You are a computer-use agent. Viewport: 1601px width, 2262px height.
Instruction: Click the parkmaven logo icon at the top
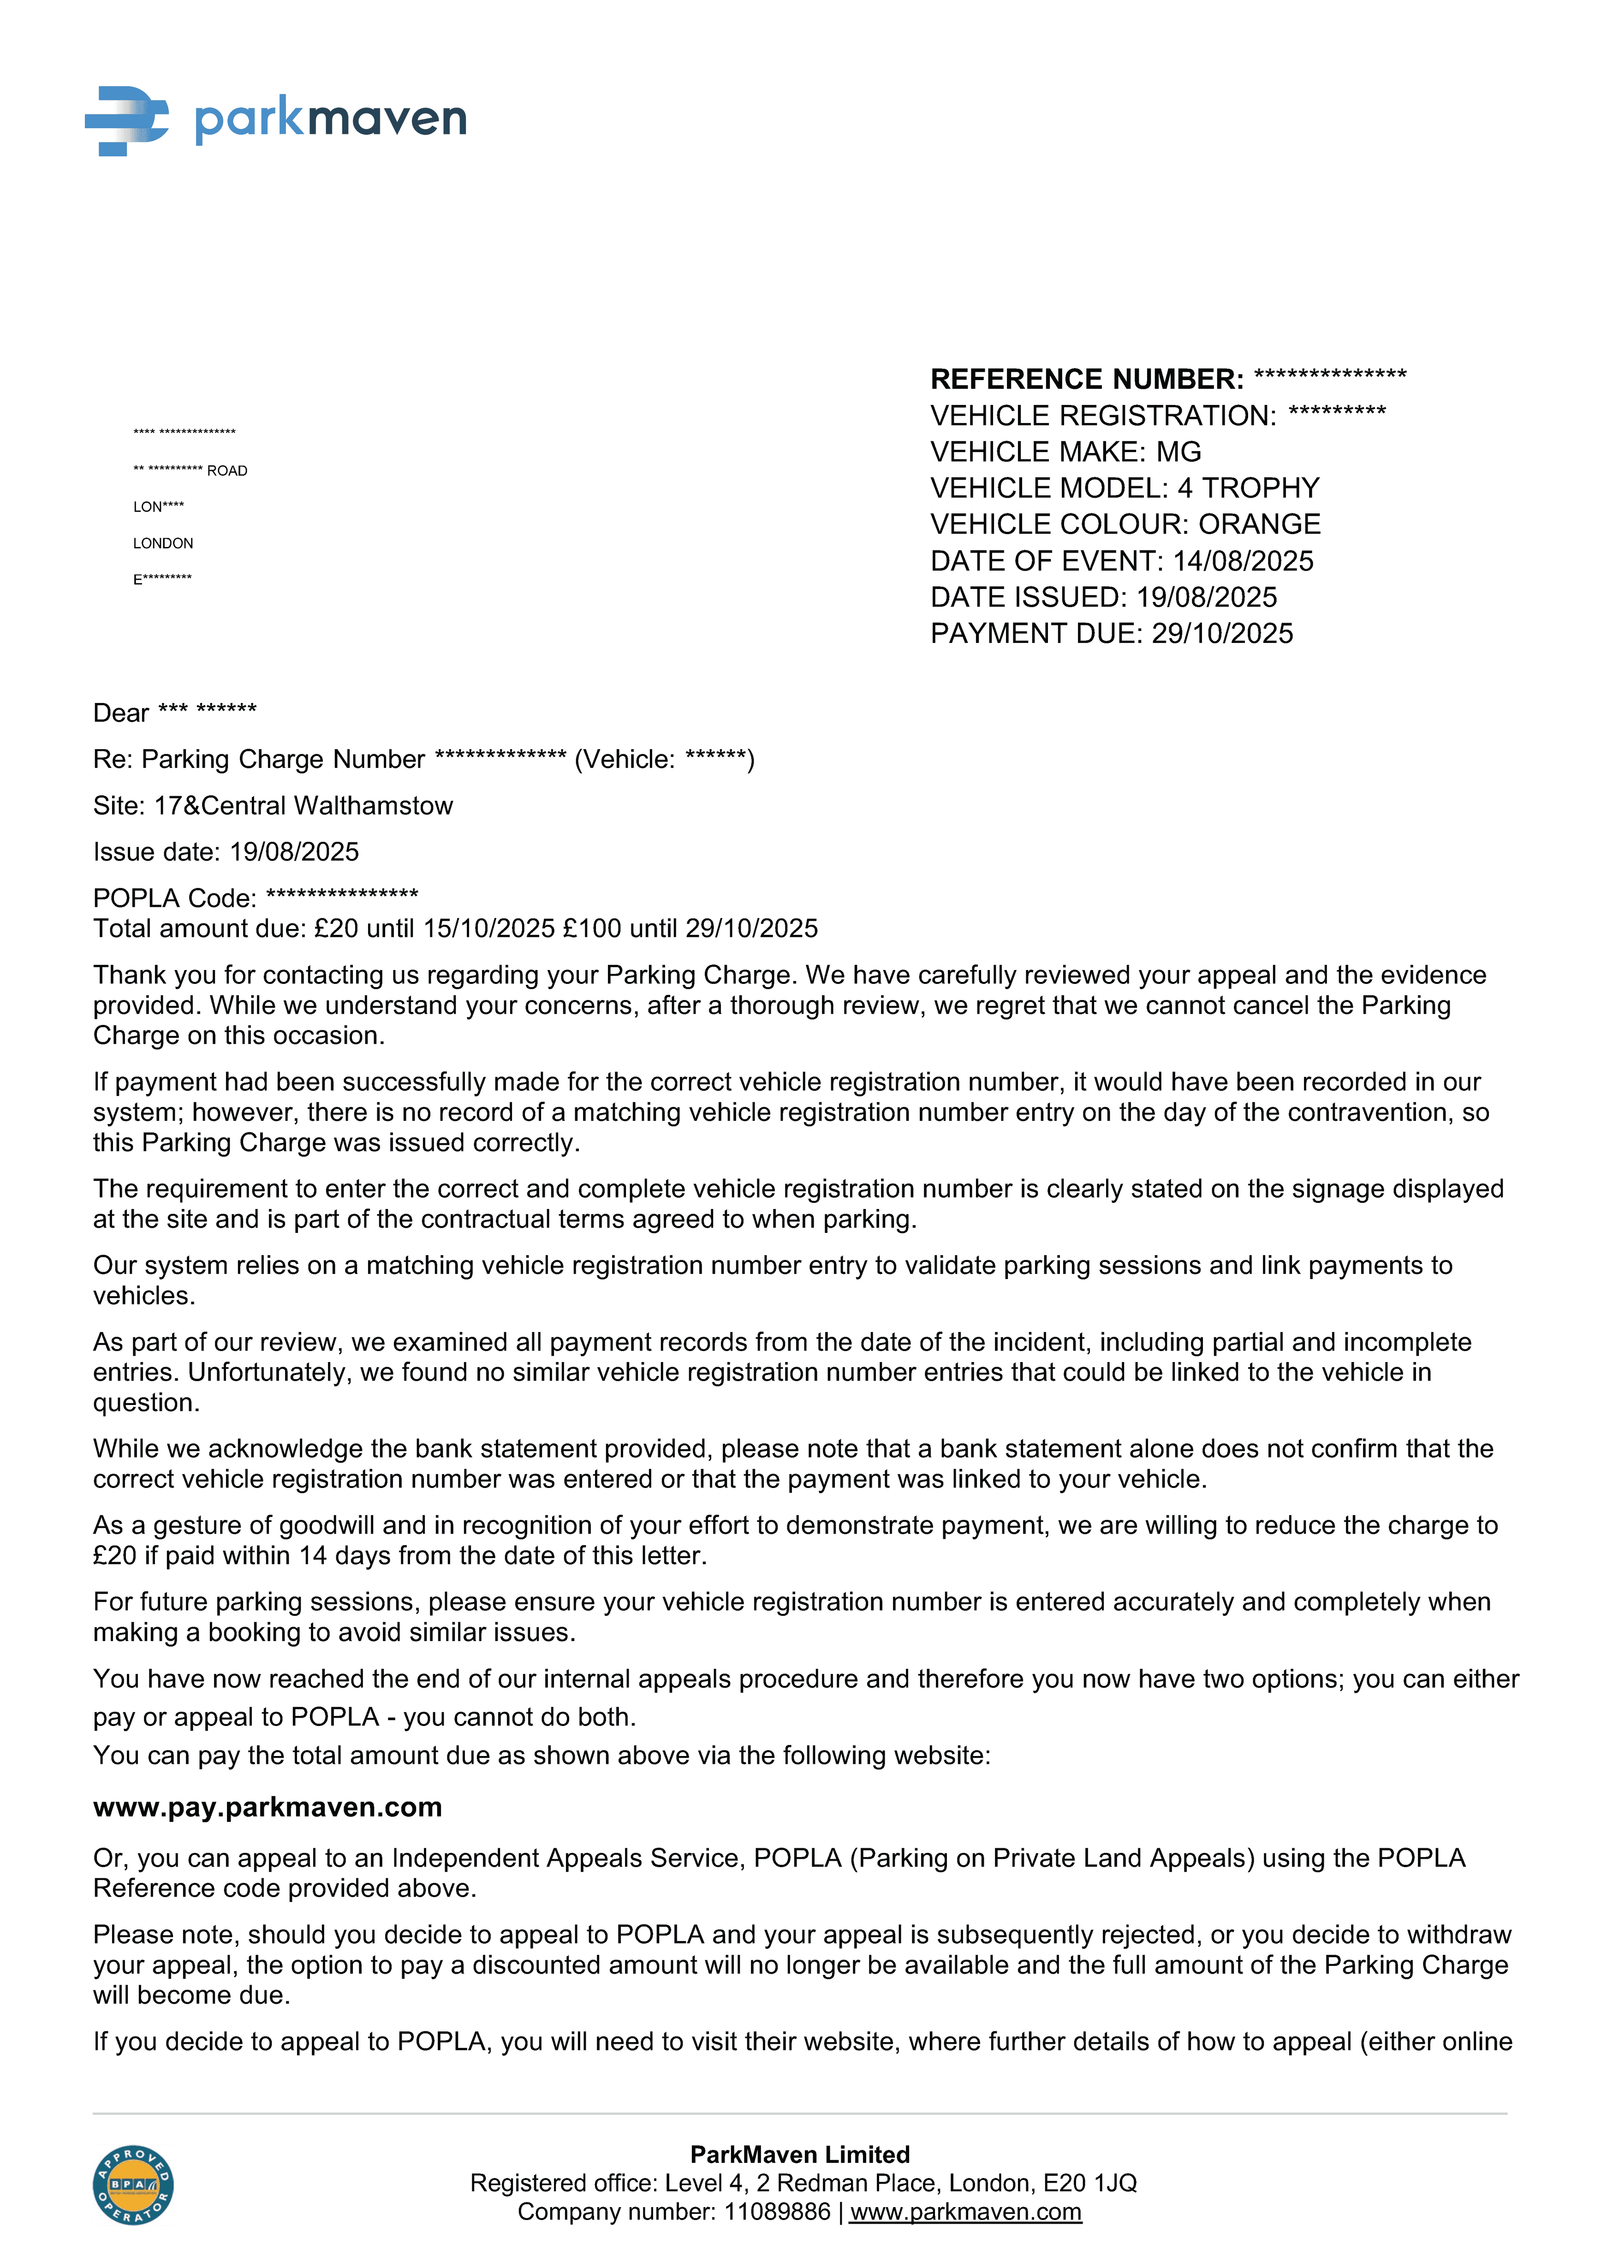[126, 120]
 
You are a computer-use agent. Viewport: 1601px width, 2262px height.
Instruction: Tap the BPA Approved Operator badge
[133, 2185]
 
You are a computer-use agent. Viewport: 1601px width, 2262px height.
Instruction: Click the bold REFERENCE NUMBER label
[1086, 380]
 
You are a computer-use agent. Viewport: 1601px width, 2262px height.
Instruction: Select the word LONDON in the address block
[164, 543]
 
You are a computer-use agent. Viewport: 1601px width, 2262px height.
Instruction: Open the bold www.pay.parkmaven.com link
[267, 1808]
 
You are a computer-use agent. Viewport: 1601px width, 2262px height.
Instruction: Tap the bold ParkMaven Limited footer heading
[799, 2155]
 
